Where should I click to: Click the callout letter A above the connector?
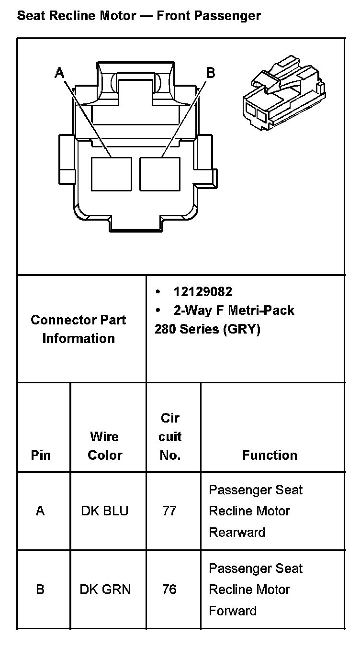59,73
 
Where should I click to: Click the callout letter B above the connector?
210,73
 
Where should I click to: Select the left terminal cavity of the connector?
111,173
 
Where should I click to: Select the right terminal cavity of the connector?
160,173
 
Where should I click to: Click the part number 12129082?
202,291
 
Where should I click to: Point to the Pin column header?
41,455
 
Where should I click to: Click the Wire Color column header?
105,446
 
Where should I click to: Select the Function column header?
270,455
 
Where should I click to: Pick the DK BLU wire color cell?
105,511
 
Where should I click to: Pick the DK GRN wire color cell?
105,589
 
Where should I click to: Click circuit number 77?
169,511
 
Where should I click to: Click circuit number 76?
169,589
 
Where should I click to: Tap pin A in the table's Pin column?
40,511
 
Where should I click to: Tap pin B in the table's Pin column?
40,589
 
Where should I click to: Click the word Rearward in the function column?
237,532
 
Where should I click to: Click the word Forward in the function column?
233,611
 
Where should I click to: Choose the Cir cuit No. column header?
170,436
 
